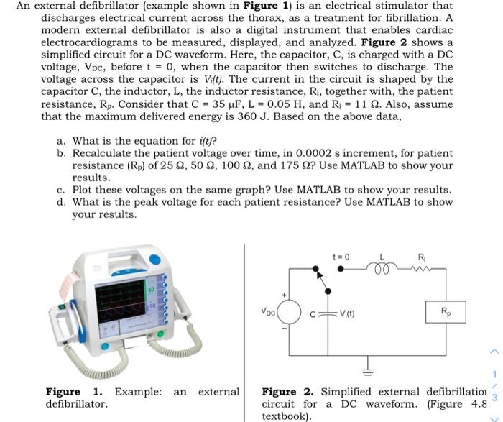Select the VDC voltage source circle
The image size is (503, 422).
pyautogui.click(x=290, y=313)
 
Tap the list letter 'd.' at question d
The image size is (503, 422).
pyautogui.click(x=61, y=202)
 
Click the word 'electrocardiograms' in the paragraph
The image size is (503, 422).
pyautogui.click(x=91, y=42)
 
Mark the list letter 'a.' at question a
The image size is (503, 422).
pyautogui.click(x=61, y=141)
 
